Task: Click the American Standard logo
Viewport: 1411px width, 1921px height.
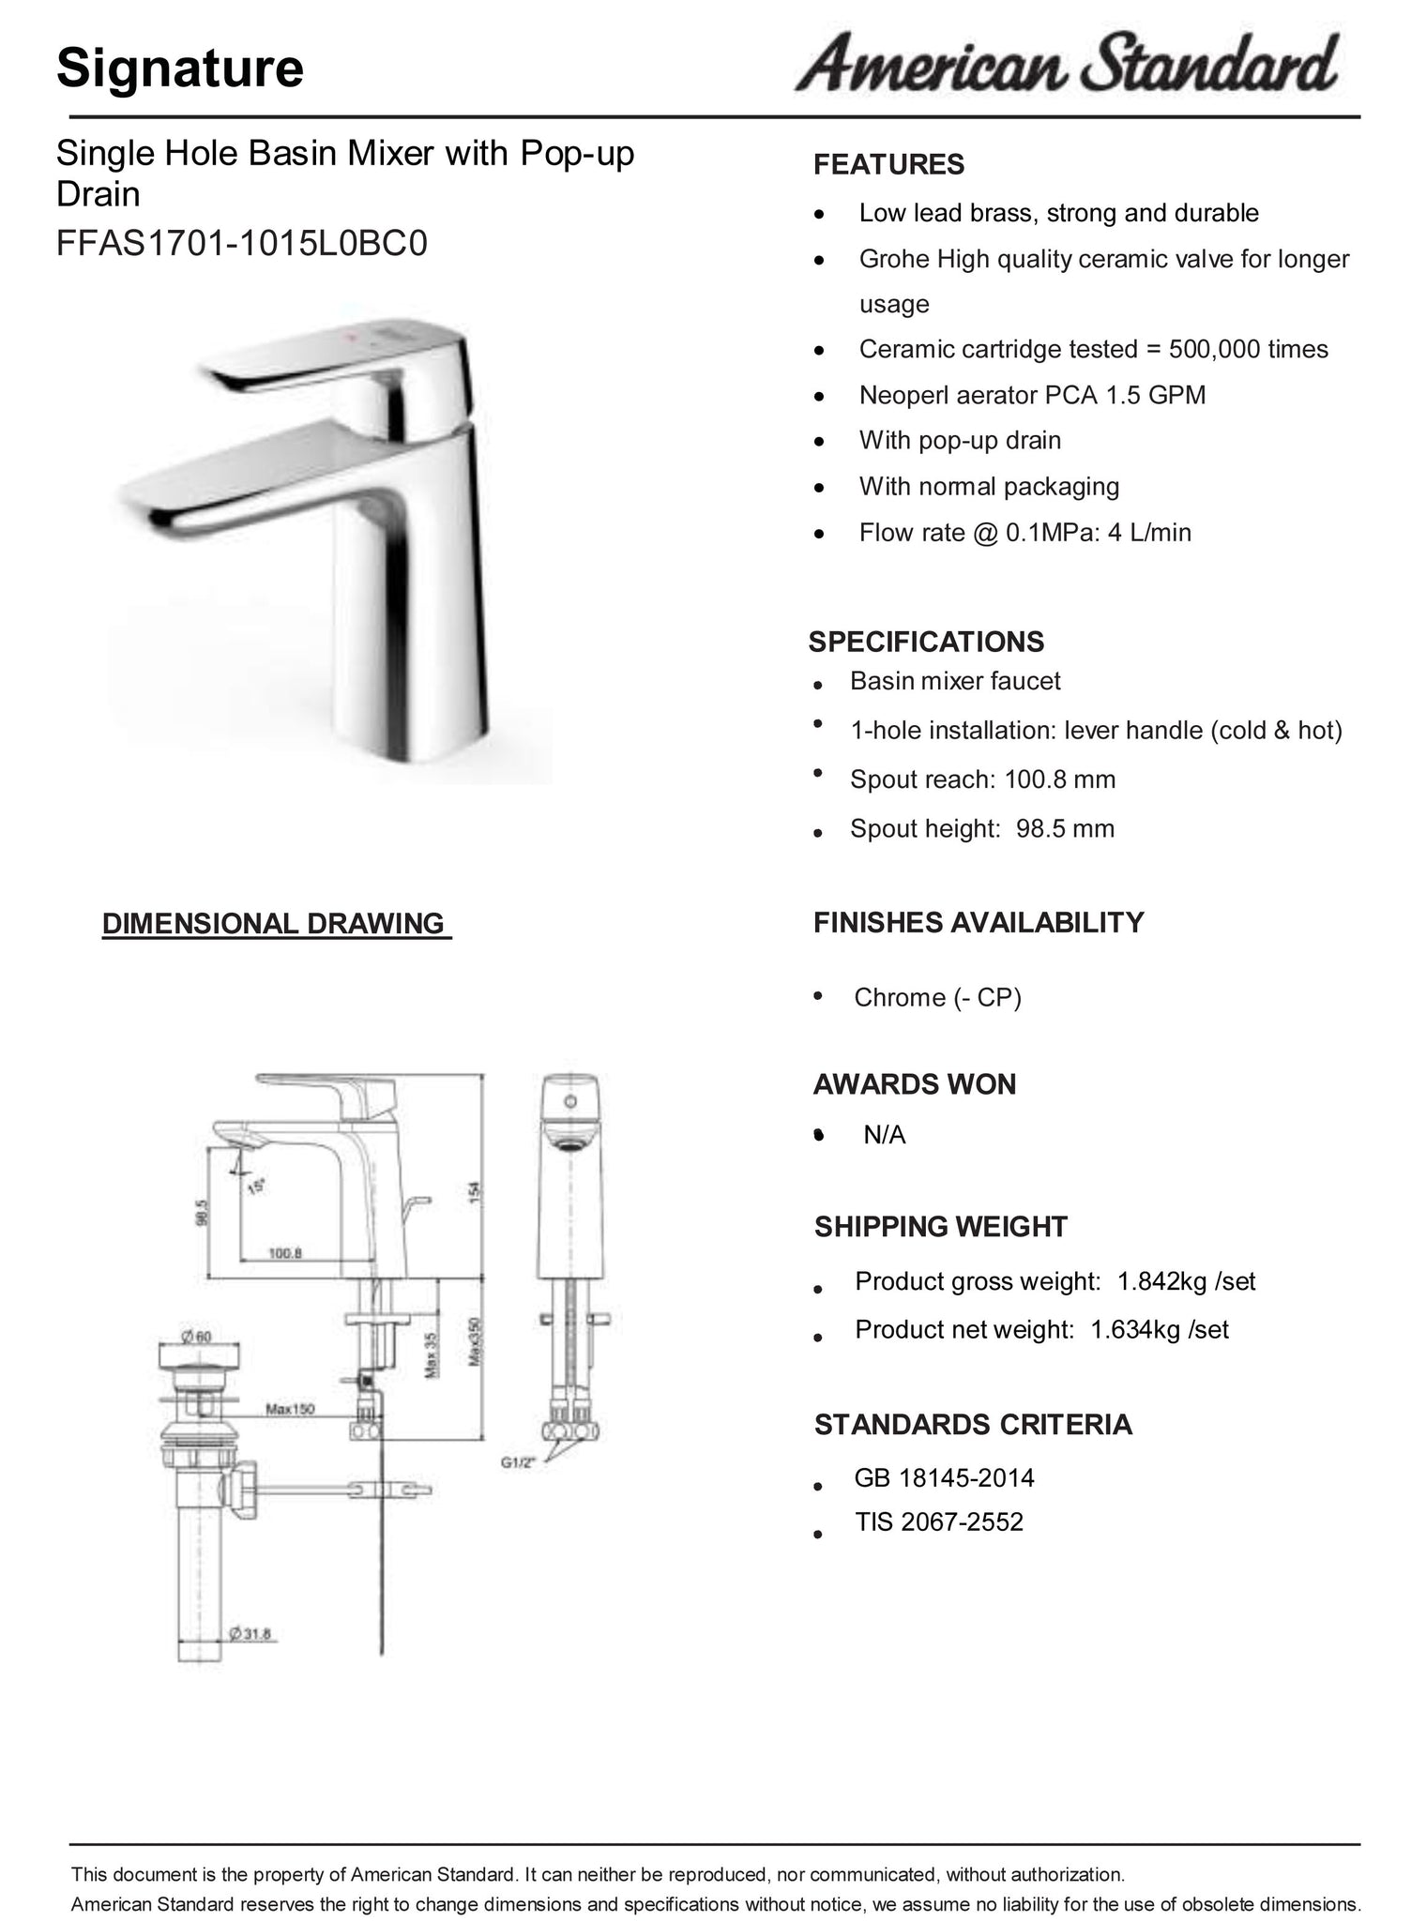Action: (1067, 63)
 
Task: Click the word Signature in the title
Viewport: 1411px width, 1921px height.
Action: (180, 68)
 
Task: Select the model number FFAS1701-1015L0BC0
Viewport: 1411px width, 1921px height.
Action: (241, 244)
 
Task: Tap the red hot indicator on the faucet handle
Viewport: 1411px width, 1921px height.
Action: (352, 333)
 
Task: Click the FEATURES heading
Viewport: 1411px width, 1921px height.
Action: (888, 165)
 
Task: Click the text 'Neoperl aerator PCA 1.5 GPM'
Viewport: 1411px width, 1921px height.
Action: (1032, 395)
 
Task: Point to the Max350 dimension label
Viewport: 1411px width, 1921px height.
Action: (474, 1352)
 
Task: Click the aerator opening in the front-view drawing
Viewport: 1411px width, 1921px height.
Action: (569, 1144)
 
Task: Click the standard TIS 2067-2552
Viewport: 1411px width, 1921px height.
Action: (938, 1521)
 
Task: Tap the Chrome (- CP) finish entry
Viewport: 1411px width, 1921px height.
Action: (937, 997)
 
